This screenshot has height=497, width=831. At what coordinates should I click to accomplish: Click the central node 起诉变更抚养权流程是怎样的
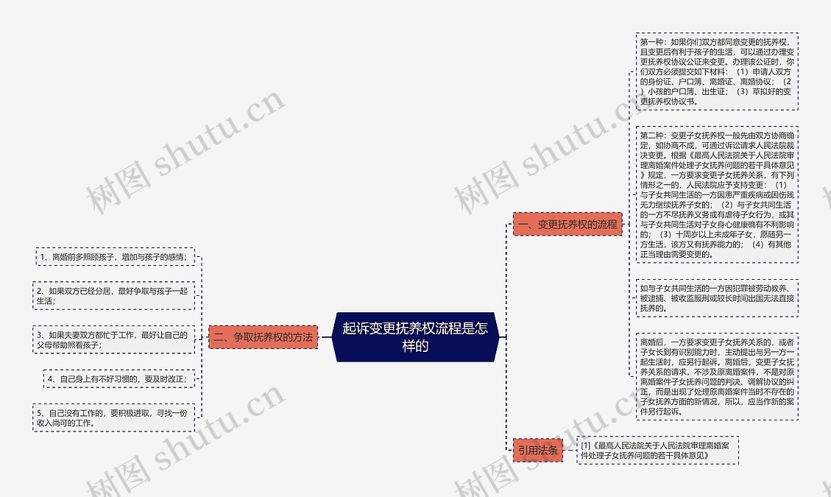click(415, 337)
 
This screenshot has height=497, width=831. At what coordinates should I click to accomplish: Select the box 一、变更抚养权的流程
click(567, 224)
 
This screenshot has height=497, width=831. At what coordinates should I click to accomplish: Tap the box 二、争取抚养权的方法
click(263, 337)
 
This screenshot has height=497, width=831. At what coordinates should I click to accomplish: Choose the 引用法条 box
click(538, 450)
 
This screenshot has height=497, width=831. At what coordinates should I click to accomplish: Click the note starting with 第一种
click(716, 71)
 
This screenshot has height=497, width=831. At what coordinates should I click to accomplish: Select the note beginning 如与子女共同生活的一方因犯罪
click(716, 297)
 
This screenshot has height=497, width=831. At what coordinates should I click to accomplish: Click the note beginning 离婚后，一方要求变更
click(716, 377)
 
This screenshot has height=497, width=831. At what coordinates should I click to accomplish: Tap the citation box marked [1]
click(658, 450)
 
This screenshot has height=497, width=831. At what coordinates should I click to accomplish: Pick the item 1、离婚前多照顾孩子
click(114, 257)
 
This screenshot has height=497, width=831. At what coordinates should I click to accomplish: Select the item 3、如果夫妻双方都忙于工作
click(113, 339)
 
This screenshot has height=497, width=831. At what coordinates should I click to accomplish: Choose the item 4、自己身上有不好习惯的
click(119, 378)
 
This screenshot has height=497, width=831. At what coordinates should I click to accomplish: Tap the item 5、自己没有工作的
click(113, 417)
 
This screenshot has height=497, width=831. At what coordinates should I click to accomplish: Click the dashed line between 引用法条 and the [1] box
click(570, 450)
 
